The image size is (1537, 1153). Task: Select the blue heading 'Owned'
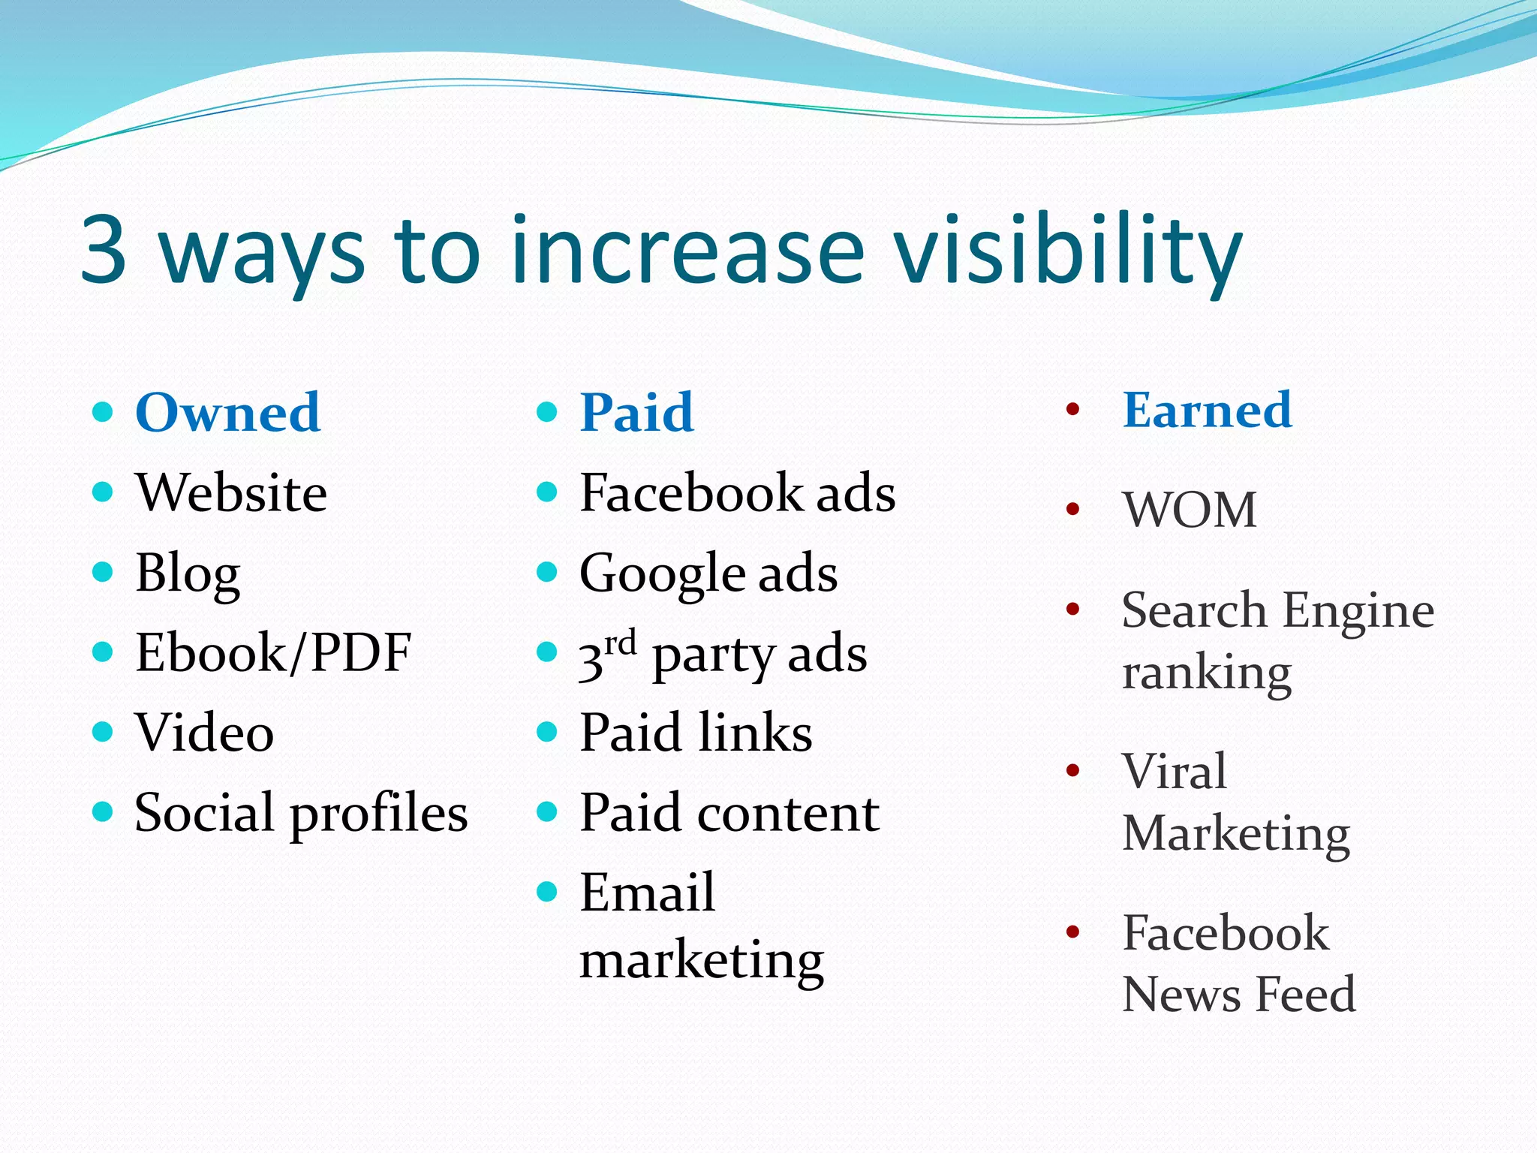(x=227, y=413)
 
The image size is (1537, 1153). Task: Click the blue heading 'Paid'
(x=636, y=413)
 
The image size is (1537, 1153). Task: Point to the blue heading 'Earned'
(x=1207, y=410)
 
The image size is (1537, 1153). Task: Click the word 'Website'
(x=231, y=493)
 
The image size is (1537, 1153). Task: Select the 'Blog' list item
(x=188, y=573)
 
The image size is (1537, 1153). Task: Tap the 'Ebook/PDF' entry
(x=273, y=652)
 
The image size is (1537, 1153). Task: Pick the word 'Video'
(x=204, y=733)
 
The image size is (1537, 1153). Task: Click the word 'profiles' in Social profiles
(x=379, y=814)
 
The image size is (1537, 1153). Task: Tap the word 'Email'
(x=647, y=893)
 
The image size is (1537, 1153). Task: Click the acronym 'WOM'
(x=1189, y=510)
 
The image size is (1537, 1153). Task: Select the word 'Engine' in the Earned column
(x=1358, y=611)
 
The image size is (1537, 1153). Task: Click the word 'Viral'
(x=1174, y=771)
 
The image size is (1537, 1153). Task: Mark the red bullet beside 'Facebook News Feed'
(x=1072, y=932)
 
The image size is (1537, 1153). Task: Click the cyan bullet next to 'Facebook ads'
(x=547, y=492)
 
